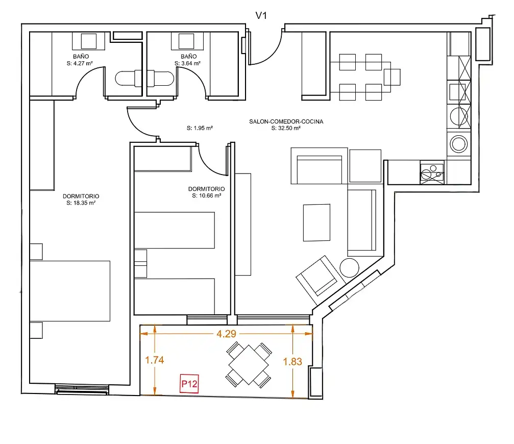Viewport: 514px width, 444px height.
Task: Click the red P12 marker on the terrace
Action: coord(189,383)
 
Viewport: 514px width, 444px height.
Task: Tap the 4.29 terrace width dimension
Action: coord(226,334)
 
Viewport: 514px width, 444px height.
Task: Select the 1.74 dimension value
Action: coord(154,360)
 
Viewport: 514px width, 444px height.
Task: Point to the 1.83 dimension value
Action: coord(292,361)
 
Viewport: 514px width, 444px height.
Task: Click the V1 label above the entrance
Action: coord(261,15)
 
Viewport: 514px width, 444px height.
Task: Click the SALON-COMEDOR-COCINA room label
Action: coord(286,121)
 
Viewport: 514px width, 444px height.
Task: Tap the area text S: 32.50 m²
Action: coord(286,128)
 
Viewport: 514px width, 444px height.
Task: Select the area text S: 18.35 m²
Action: coord(81,203)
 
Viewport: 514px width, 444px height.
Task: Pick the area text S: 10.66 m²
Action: coord(207,195)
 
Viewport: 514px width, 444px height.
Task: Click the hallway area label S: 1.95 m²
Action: coord(200,128)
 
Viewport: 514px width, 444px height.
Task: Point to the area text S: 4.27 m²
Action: coord(80,63)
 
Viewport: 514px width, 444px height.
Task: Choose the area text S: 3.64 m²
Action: coord(187,63)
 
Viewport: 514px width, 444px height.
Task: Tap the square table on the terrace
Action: coord(249,365)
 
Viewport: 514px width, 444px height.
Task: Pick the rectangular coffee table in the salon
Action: coord(316,223)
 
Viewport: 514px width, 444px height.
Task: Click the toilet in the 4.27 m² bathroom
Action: coord(128,79)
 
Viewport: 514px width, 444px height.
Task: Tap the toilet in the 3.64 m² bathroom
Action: coord(160,79)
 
